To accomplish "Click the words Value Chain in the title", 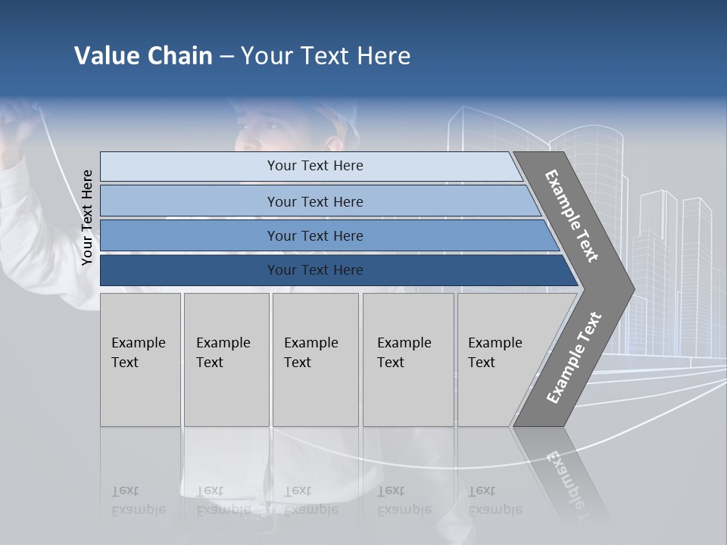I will pyautogui.click(x=143, y=56).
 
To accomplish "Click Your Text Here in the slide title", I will pyautogui.click(x=326, y=56).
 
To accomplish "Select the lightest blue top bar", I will pyautogui.click(x=315, y=166).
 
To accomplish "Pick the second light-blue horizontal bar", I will pyautogui.click(x=315, y=201).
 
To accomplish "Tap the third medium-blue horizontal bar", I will pyautogui.click(x=315, y=235).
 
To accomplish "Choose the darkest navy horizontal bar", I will pyautogui.click(x=315, y=270).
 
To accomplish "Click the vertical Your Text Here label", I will pyautogui.click(x=87, y=217).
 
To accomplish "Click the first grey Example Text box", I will pyautogui.click(x=140, y=359).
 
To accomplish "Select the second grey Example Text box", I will pyautogui.click(x=226, y=359).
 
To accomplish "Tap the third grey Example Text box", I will pyautogui.click(x=314, y=359).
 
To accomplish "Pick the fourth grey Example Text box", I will pyautogui.click(x=407, y=359).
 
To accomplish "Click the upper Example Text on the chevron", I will pyautogui.click(x=572, y=215).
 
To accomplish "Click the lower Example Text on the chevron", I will pyautogui.click(x=573, y=358).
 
